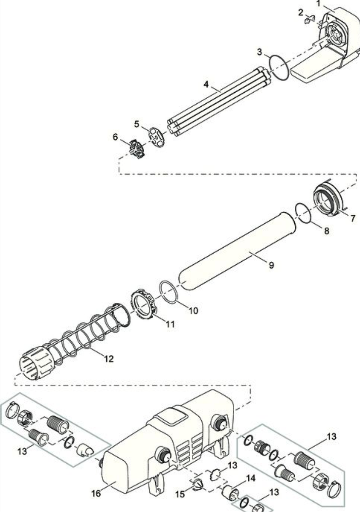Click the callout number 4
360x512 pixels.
click(x=206, y=84)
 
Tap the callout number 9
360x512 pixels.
click(x=271, y=265)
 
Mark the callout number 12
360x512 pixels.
click(x=109, y=359)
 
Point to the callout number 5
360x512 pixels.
click(x=136, y=124)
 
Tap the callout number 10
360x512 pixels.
click(x=193, y=310)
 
